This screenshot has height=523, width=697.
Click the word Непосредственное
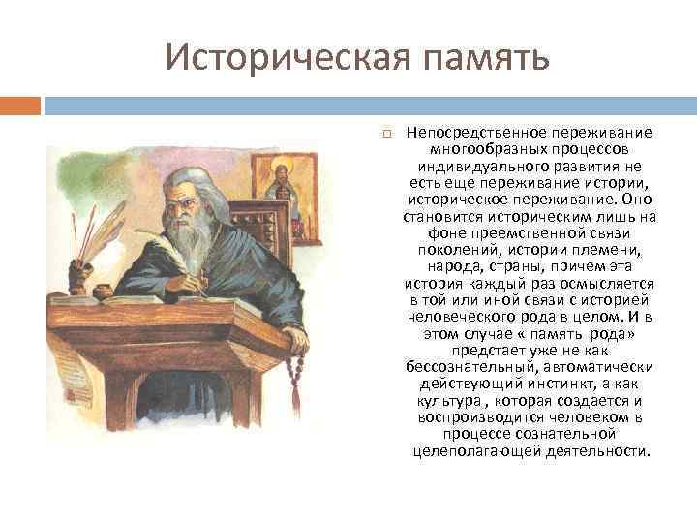(474, 132)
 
